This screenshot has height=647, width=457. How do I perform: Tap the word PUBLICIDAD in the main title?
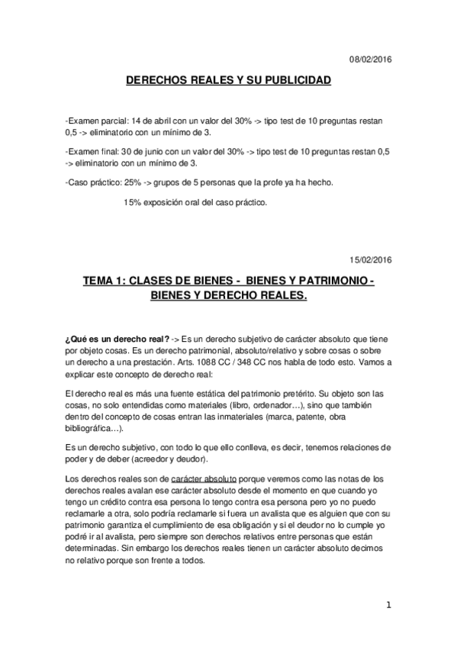tap(293, 79)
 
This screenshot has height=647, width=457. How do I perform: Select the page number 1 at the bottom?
tap(389, 606)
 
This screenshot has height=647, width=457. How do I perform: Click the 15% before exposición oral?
tap(132, 203)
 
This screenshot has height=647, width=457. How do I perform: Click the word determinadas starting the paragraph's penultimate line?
tap(95, 548)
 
